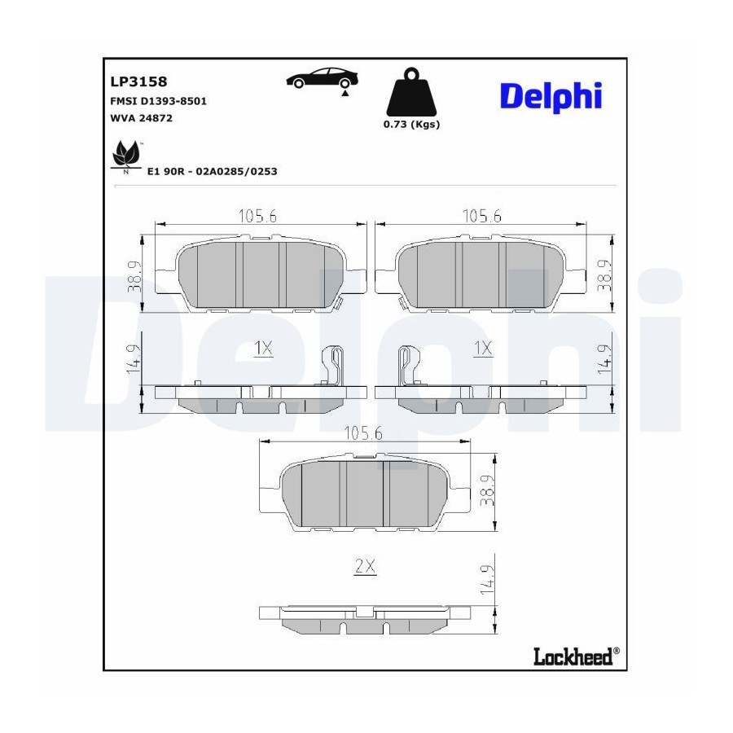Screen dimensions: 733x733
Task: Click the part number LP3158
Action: (138, 81)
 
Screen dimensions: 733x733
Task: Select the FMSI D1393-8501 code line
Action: (159, 101)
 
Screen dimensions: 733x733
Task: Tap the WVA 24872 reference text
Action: (141, 118)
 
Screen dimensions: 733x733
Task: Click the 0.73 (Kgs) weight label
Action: (411, 125)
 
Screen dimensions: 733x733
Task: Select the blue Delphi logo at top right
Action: (551, 97)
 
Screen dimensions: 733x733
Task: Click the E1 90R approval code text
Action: (213, 171)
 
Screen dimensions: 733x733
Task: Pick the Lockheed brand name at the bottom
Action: (573, 656)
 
